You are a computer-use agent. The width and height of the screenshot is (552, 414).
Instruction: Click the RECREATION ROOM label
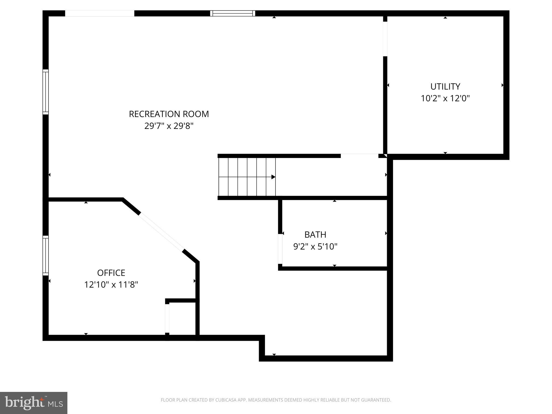tap(169, 114)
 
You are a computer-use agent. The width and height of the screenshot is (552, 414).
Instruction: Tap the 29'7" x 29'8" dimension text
tap(169, 126)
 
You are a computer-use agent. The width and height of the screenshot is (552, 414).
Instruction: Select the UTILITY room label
tap(445, 87)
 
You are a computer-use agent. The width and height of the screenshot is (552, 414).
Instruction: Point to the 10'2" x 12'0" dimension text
tap(445, 98)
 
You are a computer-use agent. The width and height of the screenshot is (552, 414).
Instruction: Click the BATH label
tap(315, 235)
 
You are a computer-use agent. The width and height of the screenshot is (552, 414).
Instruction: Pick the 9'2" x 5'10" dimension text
tap(315, 247)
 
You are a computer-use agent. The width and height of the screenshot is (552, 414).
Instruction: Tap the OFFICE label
tap(111, 273)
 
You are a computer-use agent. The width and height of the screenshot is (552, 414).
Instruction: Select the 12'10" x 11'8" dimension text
tap(111, 285)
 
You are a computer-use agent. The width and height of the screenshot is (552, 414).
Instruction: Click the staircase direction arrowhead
tap(273, 177)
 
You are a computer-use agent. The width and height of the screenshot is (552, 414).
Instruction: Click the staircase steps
tap(247, 177)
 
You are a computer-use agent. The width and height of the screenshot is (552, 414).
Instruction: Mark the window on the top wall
tap(233, 13)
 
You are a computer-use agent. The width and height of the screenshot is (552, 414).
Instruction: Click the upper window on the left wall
tap(46, 92)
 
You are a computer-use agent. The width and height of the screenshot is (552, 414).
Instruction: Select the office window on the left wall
tap(46, 256)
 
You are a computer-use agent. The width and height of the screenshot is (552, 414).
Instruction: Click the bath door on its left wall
tap(280, 249)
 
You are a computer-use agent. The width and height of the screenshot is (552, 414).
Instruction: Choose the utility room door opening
tap(385, 39)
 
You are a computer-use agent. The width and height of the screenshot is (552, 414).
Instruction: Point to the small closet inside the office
tap(182, 319)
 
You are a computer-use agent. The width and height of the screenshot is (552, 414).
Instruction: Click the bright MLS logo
tap(33, 403)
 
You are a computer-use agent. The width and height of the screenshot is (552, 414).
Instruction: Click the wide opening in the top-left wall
tap(100, 13)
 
